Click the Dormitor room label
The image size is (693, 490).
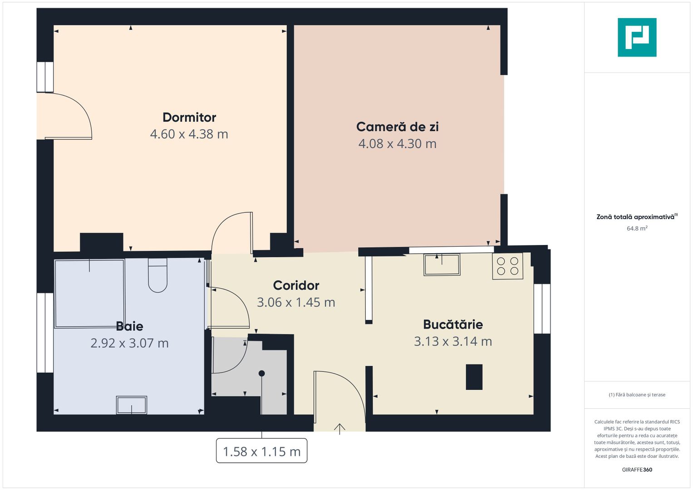[x=189, y=117]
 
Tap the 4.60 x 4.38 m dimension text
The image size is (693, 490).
[x=189, y=134]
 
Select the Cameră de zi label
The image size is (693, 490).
[x=397, y=127]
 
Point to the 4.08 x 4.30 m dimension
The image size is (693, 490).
[x=397, y=143]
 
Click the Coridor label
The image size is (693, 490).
[x=296, y=285]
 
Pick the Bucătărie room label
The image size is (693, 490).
[x=452, y=324]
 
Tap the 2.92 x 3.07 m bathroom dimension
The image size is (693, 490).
[x=129, y=343]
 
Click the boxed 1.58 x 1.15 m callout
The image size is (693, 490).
[x=261, y=451]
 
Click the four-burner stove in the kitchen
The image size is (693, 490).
[x=507, y=266]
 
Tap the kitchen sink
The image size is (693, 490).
[x=442, y=265]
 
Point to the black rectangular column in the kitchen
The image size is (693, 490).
[x=474, y=377]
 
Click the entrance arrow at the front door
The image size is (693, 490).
[x=339, y=428]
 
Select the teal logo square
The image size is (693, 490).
[x=637, y=37]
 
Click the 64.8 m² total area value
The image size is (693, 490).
[x=637, y=228]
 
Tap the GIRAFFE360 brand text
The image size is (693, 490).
[x=637, y=470]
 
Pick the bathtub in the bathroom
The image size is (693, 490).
[x=89, y=293]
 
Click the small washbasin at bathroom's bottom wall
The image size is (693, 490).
[x=132, y=405]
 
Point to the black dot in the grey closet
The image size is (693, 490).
[x=261, y=373]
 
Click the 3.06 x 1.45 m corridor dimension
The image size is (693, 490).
[x=296, y=302]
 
